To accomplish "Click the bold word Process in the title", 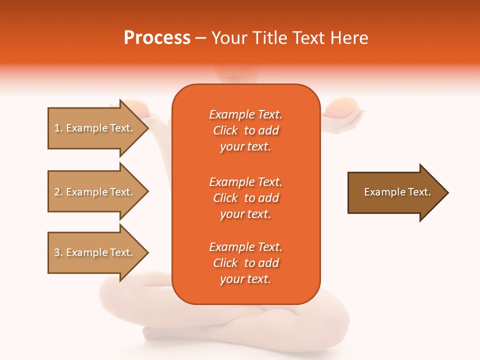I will pos(157,38).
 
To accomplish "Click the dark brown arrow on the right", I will pos(395,192).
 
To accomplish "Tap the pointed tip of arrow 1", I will pos(147,128).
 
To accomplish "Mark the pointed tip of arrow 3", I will pos(147,252).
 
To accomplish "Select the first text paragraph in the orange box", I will pos(245,130).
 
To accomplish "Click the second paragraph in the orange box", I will pos(245,198).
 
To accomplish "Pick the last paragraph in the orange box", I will pos(245,263).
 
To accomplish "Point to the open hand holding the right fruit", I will pos(345,120).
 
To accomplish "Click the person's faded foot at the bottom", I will pos(155,332).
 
